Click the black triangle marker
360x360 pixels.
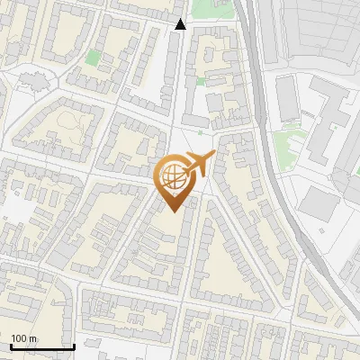[x=180, y=24]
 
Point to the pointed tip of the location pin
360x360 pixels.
[x=173, y=211]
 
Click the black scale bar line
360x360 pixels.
[x=41, y=346]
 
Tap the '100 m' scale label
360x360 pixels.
[x=25, y=338]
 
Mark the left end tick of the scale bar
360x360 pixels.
[x=11, y=345]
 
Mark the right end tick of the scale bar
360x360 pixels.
[x=73, y=345]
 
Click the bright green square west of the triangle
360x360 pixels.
[x=93, y=58]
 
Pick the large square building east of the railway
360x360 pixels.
[x=317, y=203]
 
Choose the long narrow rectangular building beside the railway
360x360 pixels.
[x=286, y=99]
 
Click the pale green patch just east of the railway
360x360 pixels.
[x=290, y=139]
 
